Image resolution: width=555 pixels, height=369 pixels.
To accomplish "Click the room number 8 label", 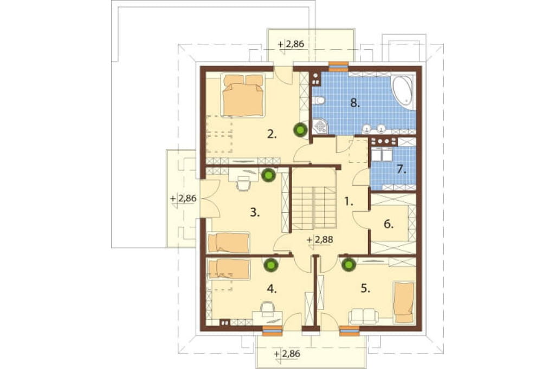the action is click(354, 103).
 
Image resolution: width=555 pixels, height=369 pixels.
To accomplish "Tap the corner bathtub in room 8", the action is click(403, 91).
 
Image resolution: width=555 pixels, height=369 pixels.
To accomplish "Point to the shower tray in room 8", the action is click(320, 126).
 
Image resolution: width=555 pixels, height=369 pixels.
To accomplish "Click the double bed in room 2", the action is click(243, 95).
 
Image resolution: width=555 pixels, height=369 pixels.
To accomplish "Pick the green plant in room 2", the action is click(300, 130).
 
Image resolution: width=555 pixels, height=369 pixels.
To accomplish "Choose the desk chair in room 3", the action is click(243, 183).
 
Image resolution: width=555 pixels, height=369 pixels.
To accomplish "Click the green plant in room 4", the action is click(270, 265).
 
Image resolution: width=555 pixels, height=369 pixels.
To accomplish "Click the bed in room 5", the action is click(404, 302).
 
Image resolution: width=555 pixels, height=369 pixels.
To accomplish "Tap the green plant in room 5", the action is click(349, 264).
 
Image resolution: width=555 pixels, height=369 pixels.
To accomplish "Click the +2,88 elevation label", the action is click(320, 239).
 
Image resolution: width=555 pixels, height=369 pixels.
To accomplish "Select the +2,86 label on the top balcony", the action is click(291, 44).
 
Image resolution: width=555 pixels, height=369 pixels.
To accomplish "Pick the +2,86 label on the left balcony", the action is click(183, 198).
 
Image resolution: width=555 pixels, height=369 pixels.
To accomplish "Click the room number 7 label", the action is click(402, 169).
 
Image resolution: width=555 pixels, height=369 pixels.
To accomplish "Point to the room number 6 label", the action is click(389, 224).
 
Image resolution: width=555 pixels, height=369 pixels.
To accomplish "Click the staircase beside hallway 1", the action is click(314, 200).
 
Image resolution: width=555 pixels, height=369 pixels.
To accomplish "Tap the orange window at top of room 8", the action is click(339, 65).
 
